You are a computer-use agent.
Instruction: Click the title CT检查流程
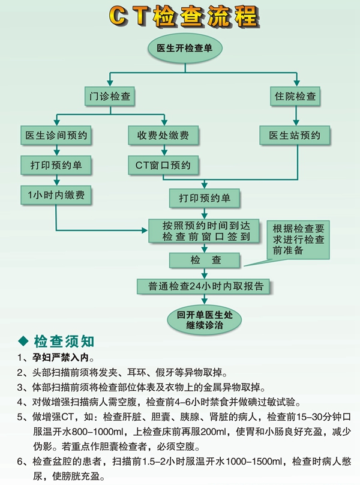click(184, 16)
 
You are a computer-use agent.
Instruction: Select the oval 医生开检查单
click(185, 48)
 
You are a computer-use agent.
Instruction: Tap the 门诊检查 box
click(110, 96)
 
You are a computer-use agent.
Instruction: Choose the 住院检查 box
click(295, 96)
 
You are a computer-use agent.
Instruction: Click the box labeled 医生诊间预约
click(56, 135)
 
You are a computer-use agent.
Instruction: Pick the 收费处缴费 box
click(163, 135)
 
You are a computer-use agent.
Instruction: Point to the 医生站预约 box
click(295, 135)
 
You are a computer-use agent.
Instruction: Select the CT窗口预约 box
click(163, 165)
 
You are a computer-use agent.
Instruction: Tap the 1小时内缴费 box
click(56, 195)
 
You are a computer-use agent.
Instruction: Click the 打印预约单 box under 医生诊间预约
click(56, 165)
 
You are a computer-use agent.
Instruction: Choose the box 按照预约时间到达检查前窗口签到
click(204, 231)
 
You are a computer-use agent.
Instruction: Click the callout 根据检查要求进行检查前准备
click(298, 239)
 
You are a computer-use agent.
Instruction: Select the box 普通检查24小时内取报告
click(204, 286)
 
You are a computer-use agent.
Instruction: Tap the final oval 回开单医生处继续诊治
click(204, 320)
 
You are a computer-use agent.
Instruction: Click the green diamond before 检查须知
click(23, 341)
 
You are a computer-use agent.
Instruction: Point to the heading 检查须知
click(64, 341)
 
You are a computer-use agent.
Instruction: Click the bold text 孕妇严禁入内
click(61, 358)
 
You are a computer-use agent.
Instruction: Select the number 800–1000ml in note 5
click(97, 432)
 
